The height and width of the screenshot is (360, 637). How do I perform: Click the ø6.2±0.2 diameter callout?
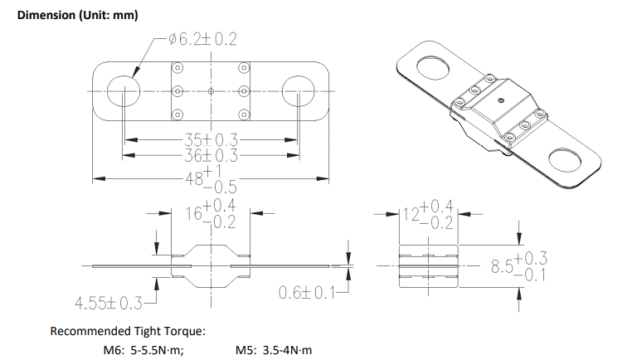(x=202, y=39)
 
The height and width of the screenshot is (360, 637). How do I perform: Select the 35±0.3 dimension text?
(x=211, y=140)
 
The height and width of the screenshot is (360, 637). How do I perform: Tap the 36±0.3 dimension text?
(x=211, y=155)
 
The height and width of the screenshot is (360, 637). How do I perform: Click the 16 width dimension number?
(x=193, y=213)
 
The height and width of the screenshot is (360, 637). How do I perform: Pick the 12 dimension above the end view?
(x=411, y=214)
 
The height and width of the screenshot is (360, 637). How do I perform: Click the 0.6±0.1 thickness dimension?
(x=307, y=292)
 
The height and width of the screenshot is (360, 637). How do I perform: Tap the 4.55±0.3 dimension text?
(x=109, y=303)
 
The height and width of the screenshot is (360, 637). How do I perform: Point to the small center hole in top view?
(x=211, y=91)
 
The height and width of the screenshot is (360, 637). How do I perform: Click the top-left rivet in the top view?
(x=177, y=67)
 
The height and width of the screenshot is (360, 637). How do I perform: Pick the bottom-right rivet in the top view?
(x=244, y=114)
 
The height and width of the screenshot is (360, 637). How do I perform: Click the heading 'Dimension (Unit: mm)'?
(x=78, y=15)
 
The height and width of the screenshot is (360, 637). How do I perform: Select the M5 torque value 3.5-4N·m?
(x=287, y=350)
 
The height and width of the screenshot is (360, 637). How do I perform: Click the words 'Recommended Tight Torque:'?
(x=128, y=331)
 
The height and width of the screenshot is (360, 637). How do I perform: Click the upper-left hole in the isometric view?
(x=434, y=68)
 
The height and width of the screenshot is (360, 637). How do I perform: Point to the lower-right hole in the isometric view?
(x=565, y=159)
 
